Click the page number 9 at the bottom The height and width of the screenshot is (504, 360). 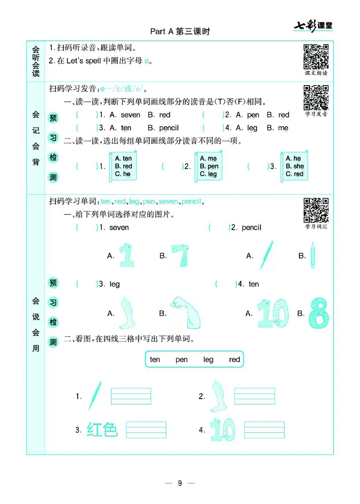pyautogui.click(x=180, y=483)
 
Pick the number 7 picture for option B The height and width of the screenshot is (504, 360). pyautogui.click(x=181, y=255)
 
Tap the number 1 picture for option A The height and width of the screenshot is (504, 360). pyautogui.click(x=126, y=255)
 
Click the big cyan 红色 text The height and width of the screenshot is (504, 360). pyautogui.click(x=102, y=430)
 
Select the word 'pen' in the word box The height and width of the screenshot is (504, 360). pyautogui.click(x=181, y=359)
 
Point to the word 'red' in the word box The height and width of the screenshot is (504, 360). pyautogui.click(x=234, y=359)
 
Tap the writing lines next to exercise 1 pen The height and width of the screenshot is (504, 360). pyautogui.click(x=130, y=396)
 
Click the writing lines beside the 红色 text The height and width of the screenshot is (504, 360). pyautogui.click(x=146, y=430)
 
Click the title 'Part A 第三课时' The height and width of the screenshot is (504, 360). pyautogui.click(x=180, y=31)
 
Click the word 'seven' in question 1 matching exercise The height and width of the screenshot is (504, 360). pyautogui.click(x=119, y=227)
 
